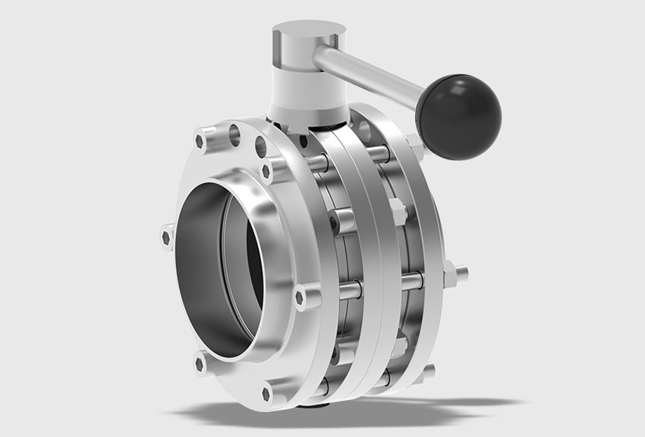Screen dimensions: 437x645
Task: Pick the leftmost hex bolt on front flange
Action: click(x=168, y=237)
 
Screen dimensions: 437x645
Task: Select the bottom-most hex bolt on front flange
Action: click(x=268, y=393)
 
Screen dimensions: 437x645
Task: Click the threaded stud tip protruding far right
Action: click(x=462, y=272)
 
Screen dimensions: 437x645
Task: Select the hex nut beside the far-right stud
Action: click(x=448, y=272)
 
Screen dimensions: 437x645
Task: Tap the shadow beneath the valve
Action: click(x=379, y=413)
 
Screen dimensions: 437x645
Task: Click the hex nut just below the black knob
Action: click(x=416, y=144)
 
